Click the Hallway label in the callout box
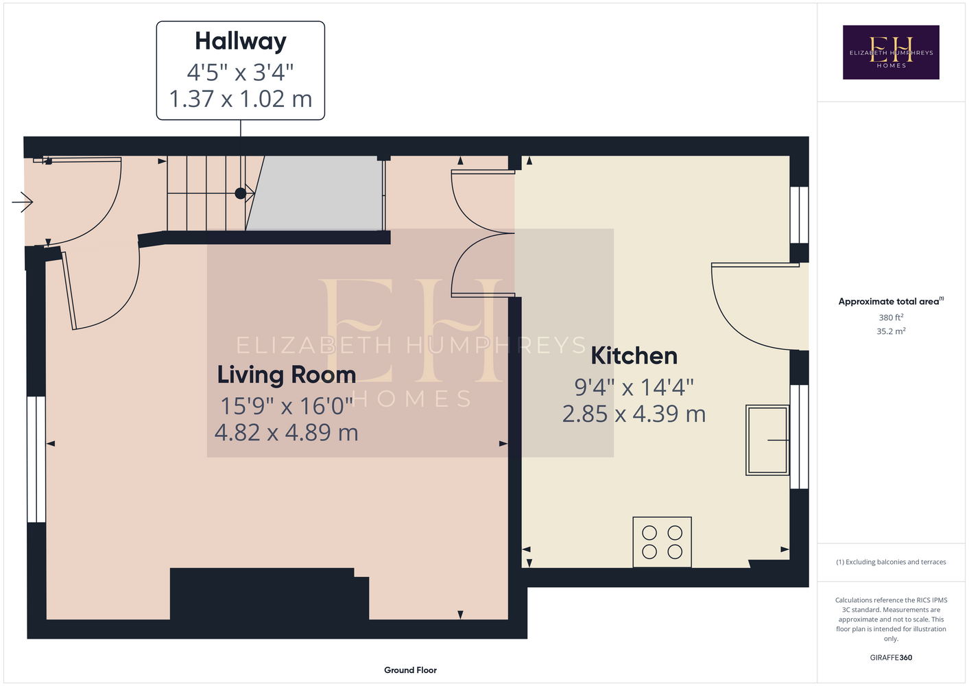click(241, 42)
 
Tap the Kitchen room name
click(634, 356)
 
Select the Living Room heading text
click(287, 375)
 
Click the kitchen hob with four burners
click(662, 542)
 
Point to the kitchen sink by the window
click(767, 440)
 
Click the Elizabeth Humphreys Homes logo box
click(891, 52)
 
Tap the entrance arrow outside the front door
click(23, 202)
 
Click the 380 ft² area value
click(891, 317)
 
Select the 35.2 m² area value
click(891, 331)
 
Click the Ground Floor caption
click(411, 670)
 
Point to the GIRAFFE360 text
click(891, 657)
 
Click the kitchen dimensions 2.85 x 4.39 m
click(634, 414)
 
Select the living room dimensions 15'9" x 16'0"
click(287, 406)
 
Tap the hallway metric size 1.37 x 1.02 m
click(241, 99)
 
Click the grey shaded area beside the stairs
click(315, 193)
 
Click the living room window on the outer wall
click(36, 459)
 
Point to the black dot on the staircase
click(241, 193)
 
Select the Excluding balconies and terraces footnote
click(891, 562)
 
